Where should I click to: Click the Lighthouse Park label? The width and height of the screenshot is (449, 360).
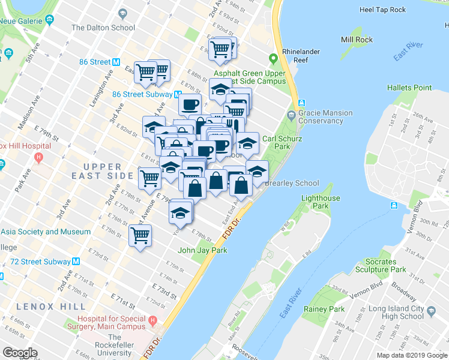(320, 202)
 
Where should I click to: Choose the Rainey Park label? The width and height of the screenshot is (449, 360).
(324, 309)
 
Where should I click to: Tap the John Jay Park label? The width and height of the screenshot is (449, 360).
(202, 250)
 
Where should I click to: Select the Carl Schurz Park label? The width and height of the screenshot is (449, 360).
(276, 142)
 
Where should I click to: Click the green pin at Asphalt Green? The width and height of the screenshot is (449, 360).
(274, 59)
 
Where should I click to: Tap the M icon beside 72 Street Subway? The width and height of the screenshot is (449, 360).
(76, 262)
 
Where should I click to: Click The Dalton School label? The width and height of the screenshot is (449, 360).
(103, 28)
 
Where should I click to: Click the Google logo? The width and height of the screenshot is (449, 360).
(20, 353)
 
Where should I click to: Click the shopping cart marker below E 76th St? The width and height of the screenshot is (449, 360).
(140, 235)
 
